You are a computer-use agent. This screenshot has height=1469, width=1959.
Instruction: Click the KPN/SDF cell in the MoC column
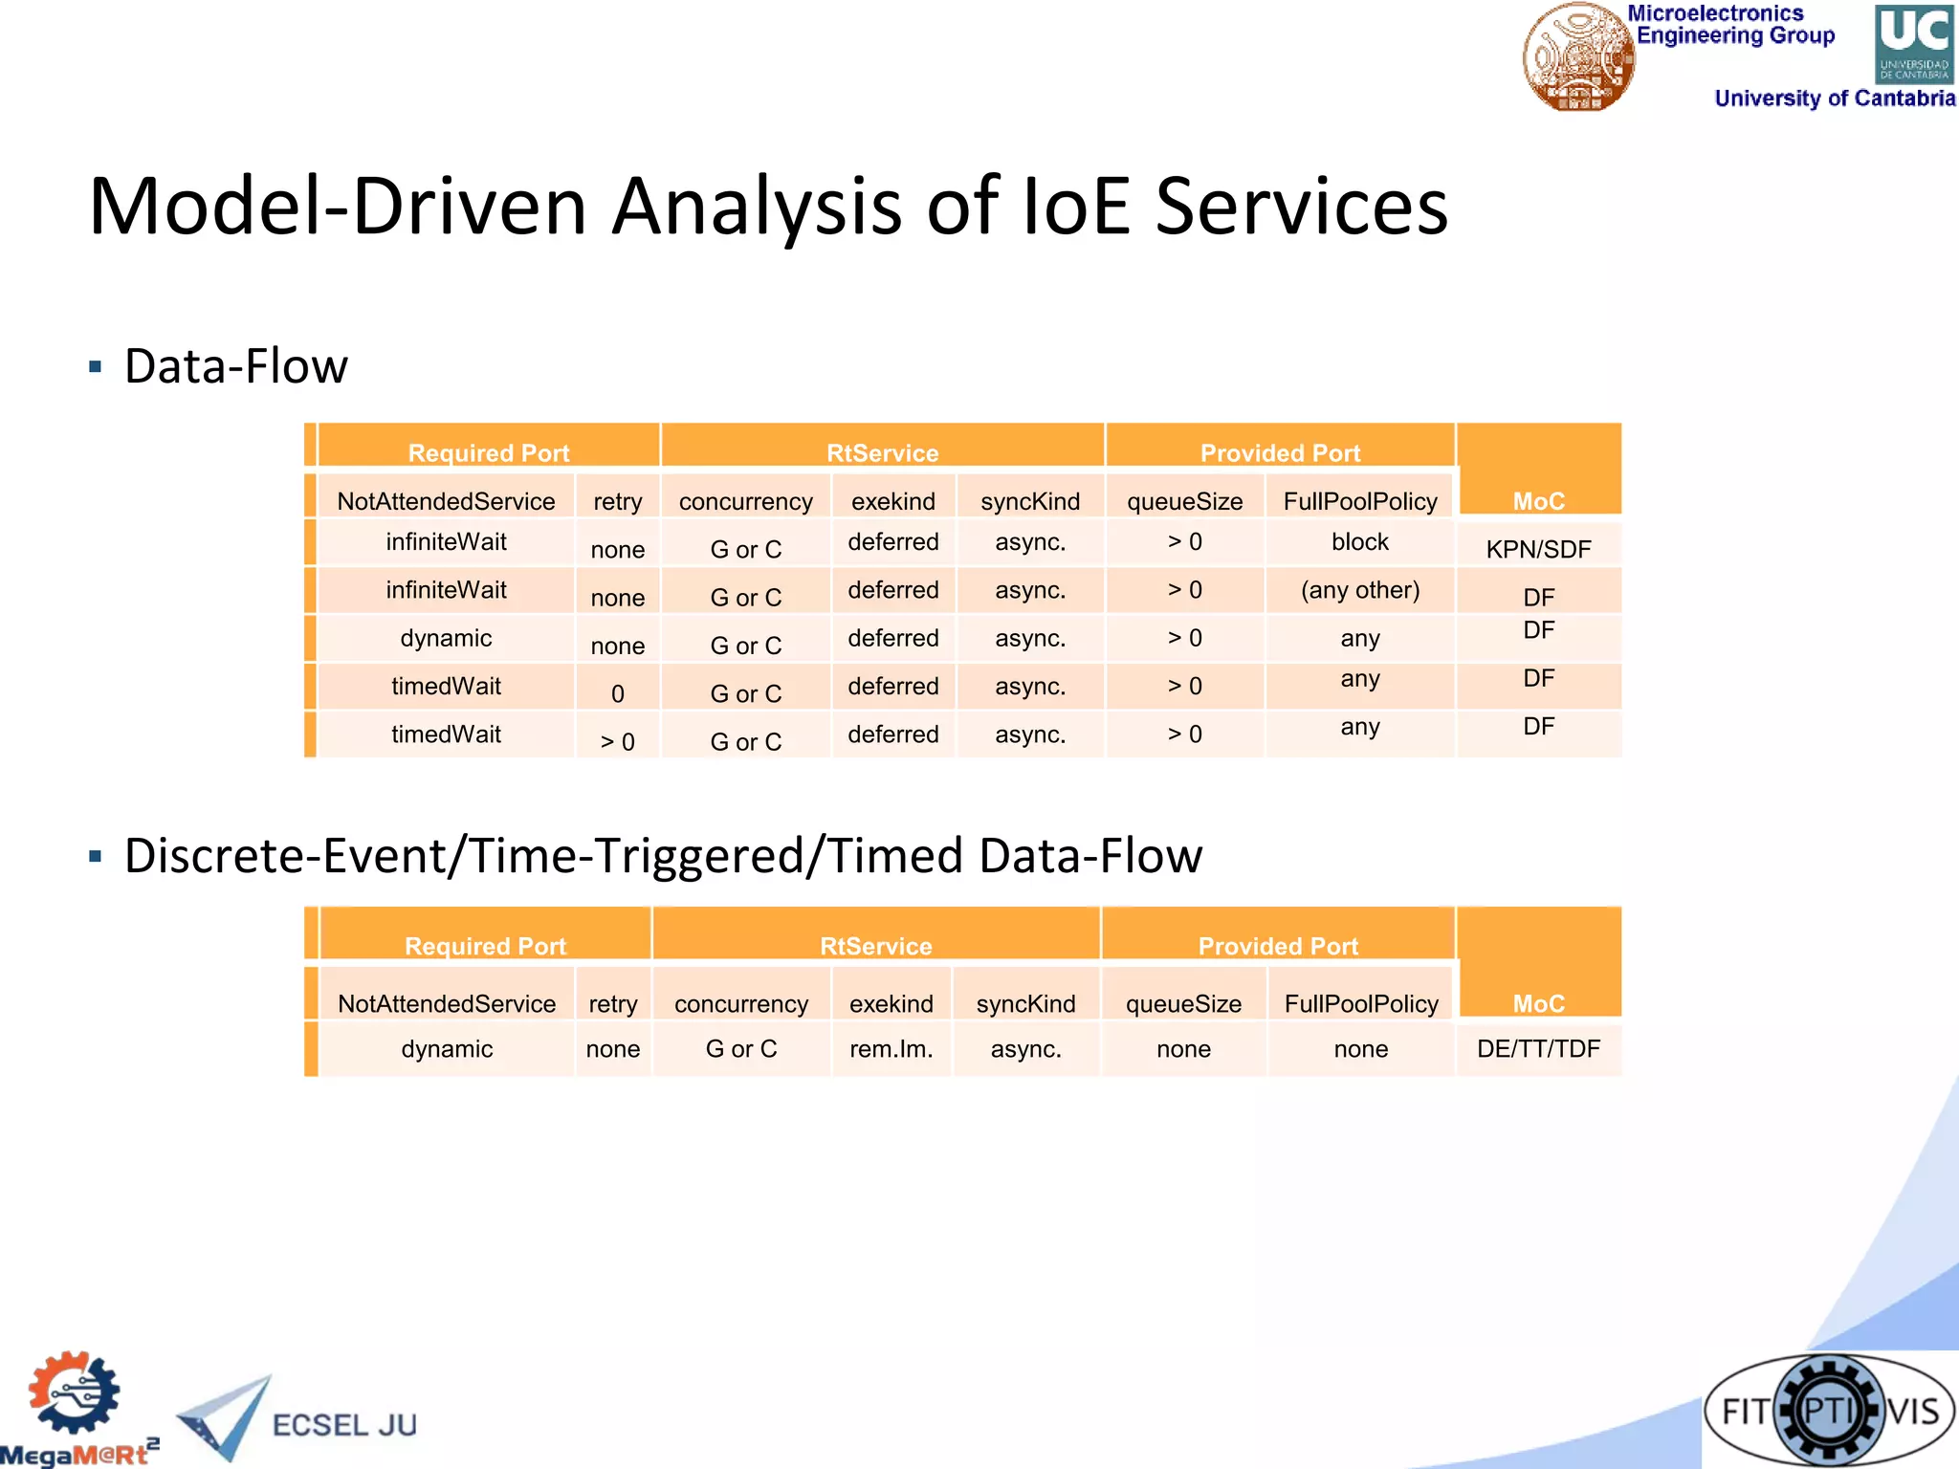1538,549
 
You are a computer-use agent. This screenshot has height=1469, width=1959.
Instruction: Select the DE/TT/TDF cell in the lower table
1538,1049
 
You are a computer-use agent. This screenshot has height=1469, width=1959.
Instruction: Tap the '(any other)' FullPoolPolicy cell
1360,590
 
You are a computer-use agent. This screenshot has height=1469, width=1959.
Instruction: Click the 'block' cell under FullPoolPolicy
1360,542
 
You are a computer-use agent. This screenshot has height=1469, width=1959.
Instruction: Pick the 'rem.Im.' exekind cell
891,1049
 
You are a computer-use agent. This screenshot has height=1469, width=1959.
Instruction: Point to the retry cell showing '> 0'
617,741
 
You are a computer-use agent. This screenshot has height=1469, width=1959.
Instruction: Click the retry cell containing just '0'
617,693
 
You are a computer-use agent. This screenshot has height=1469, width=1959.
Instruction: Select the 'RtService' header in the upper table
882,452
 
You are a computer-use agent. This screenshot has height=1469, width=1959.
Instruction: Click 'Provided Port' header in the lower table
1278,946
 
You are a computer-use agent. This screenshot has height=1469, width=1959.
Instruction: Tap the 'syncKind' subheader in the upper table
1029,501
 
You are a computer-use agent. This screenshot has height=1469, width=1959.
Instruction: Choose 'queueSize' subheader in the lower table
1183,1004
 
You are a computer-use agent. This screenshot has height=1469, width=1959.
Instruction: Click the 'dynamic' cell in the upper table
446,638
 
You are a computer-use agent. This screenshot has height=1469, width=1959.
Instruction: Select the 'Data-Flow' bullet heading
236,366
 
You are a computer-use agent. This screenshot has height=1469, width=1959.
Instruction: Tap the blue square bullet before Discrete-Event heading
95,856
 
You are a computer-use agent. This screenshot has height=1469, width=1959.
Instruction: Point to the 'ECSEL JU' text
344,1425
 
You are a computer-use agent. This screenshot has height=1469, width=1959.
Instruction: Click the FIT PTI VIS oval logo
1829,1410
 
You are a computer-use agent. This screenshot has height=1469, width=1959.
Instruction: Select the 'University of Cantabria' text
1834,99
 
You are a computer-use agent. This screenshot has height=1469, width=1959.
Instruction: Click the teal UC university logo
1913,43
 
